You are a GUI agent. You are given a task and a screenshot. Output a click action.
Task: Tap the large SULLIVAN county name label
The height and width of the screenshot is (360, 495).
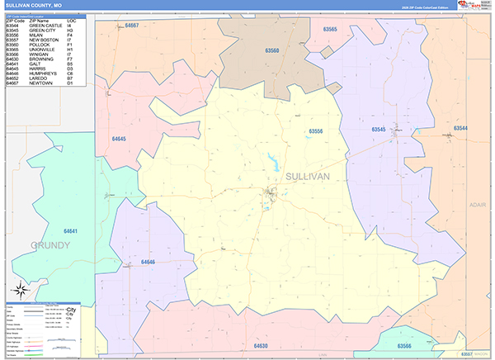pyautogui.click(x=307, y=177)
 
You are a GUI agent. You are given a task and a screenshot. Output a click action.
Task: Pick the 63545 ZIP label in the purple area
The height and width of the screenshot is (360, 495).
pyautogui.click(x=379, y=130)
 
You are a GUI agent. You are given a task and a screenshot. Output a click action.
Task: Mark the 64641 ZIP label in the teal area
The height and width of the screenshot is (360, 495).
pyautogui.click(x=72, y=231)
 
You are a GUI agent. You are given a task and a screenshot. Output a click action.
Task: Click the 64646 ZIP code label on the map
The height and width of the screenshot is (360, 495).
pyautogui.click(x=148, y=262)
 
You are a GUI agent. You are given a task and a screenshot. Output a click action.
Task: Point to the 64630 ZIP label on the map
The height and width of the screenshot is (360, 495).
pyautogui.click(x=262, y=345)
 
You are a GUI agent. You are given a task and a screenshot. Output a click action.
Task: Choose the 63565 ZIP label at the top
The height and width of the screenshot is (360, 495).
pyautogui.click(x=329, y=29)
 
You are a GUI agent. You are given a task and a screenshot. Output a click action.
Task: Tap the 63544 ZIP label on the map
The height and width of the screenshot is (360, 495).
pyautogui.click(x=459, y=128)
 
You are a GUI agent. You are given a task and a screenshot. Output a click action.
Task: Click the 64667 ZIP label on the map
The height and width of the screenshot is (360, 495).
pyautogui.click(x=132, y=26)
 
